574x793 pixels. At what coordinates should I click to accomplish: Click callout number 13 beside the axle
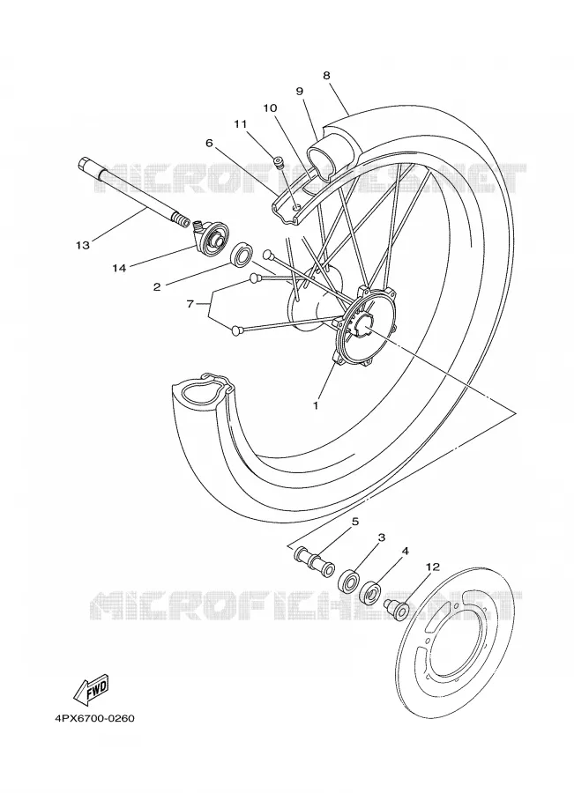point(83,245)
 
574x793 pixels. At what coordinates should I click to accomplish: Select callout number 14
point(119,268)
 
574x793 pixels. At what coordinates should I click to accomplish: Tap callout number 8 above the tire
point(326,76)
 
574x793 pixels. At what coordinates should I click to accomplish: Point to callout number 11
point(240,124)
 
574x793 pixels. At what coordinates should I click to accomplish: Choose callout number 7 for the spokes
point(190,304)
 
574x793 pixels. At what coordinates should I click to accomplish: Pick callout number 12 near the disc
point(433,567)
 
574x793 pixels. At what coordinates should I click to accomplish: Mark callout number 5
point(355,521)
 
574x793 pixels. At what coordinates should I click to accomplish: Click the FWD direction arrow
point(91,689)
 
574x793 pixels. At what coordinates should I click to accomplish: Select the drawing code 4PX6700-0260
point(94,718)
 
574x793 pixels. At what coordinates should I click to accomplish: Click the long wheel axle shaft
point(134,191)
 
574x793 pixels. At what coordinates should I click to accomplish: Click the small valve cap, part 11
point(278,162)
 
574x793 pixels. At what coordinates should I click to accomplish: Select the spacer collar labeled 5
point(313,562)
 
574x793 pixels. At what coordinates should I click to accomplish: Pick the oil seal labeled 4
point(371,593)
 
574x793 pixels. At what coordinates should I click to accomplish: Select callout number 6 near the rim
point(209,143)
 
